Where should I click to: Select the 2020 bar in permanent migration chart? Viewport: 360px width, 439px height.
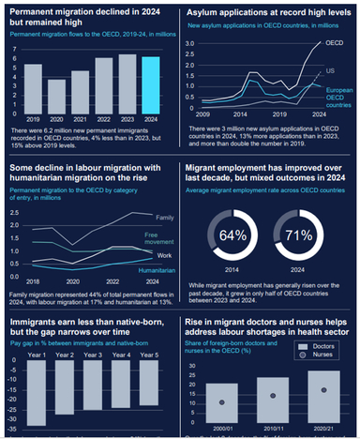tap(58, 93)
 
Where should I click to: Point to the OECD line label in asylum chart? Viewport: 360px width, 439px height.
tap(333, 44)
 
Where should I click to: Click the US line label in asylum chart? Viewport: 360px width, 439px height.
tap(330, 71)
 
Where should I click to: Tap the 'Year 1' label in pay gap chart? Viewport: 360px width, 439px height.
tap(37, 328)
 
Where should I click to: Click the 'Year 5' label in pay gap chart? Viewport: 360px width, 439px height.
tap(149, 328)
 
